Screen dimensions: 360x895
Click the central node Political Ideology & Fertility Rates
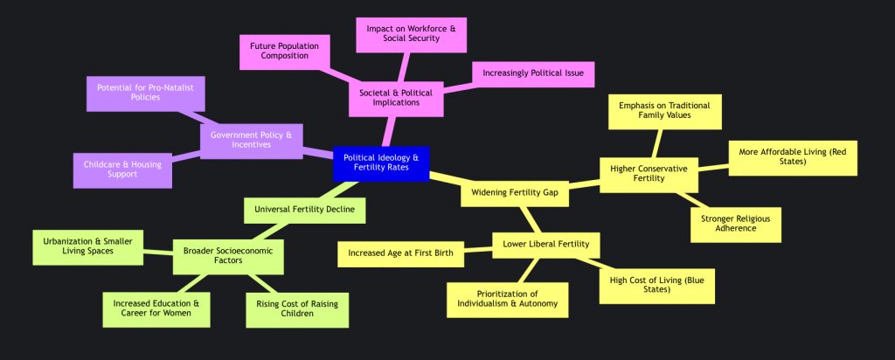tap(380, 163)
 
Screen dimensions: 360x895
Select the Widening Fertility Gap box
tap(514, 191)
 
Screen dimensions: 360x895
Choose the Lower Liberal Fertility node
tap(545, 244)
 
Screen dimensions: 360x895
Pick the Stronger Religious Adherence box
tap(735, 225)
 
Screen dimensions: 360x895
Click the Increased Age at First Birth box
tap(400, 254)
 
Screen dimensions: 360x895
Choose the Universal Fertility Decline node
tap(303, 210)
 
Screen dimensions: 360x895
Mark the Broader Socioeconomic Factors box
tap(228, 257)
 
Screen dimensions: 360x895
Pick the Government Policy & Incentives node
tap(252, 140)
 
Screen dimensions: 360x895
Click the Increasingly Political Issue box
tap(533, 73)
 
